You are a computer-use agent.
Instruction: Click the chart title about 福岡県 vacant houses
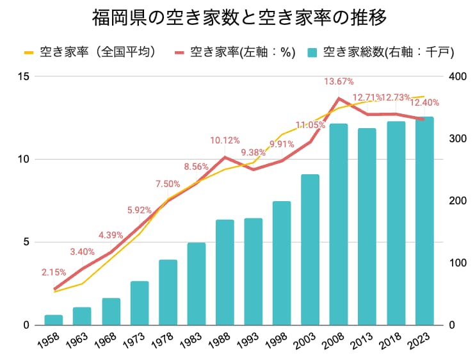pyautogui.click(x=239, y=17)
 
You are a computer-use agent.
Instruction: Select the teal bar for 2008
pyautogui.click(x=339, y=224)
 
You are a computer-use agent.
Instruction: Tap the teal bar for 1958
pyautogui.click(x=54, y=320)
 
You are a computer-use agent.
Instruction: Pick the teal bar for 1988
pyautogui.click(x=225, y=272)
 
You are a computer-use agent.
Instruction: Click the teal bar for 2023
pyautogui.click(x=424, y=221)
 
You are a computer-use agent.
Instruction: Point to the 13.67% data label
pyautogui.click(x=339, y=81)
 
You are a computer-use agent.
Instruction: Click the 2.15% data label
pyautogui.click(x=54, y=272)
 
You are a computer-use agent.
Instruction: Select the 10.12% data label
pyautogui.click(x=225, y=141)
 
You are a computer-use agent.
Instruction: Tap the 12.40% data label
pyautogui.click(x=424, y=103)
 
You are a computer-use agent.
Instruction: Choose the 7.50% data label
pyautogui.click(x=168, y=184)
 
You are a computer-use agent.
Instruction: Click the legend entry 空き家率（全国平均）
pyautogui.click(x=90, y=52)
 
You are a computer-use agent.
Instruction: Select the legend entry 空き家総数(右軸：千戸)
pyautogui.click(x=380, y=52)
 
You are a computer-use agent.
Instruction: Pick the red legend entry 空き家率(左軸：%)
pyautogui.click(x=235, y=52)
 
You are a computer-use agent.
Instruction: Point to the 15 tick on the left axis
pyautogui.click(x=23, y=76)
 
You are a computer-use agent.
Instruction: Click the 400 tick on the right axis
pyautogui.click(x=458, y=76)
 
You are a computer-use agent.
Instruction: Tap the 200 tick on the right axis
pyautogui.click(x=458, y=200)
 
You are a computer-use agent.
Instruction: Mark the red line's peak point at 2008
pyautogui.click(x=339, y=98)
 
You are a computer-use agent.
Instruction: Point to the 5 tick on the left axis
pyautogui.click(x=26, y=242)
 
